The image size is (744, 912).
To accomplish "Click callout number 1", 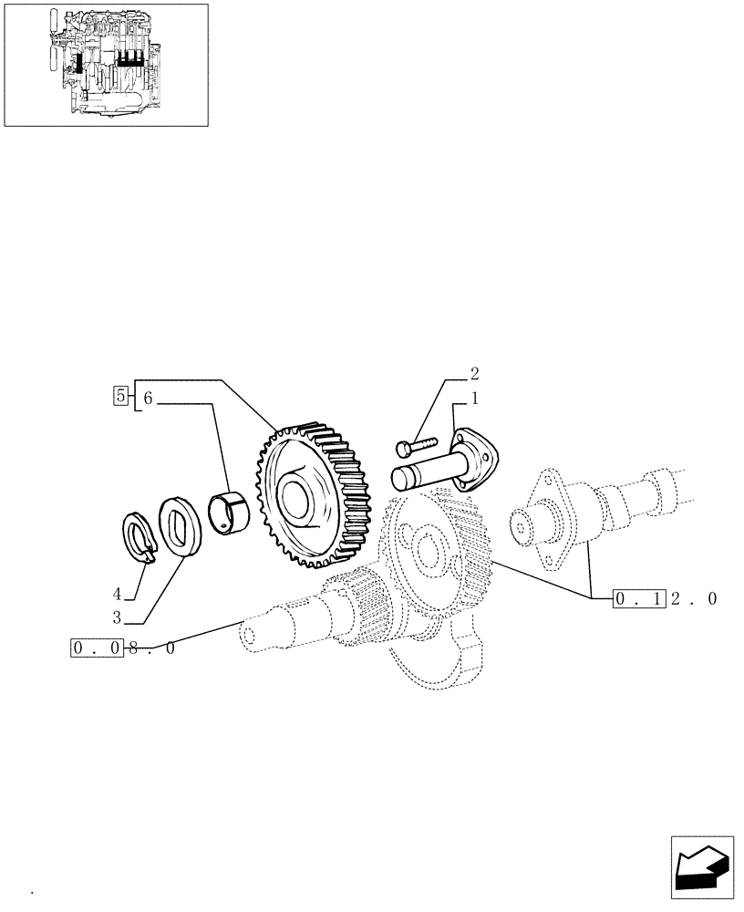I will [x=475, y=399].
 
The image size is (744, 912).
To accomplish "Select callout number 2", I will [x=475, y=373].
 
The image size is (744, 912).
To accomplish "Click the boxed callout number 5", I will [x=119, y=396].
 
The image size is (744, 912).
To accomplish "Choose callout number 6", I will [x=149, y=398].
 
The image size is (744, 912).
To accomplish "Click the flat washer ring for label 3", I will [x=179, y=525].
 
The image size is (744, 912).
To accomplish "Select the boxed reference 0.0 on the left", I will [x=94, y=649].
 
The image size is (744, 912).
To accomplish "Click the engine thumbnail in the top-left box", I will [x=106, y=64].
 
